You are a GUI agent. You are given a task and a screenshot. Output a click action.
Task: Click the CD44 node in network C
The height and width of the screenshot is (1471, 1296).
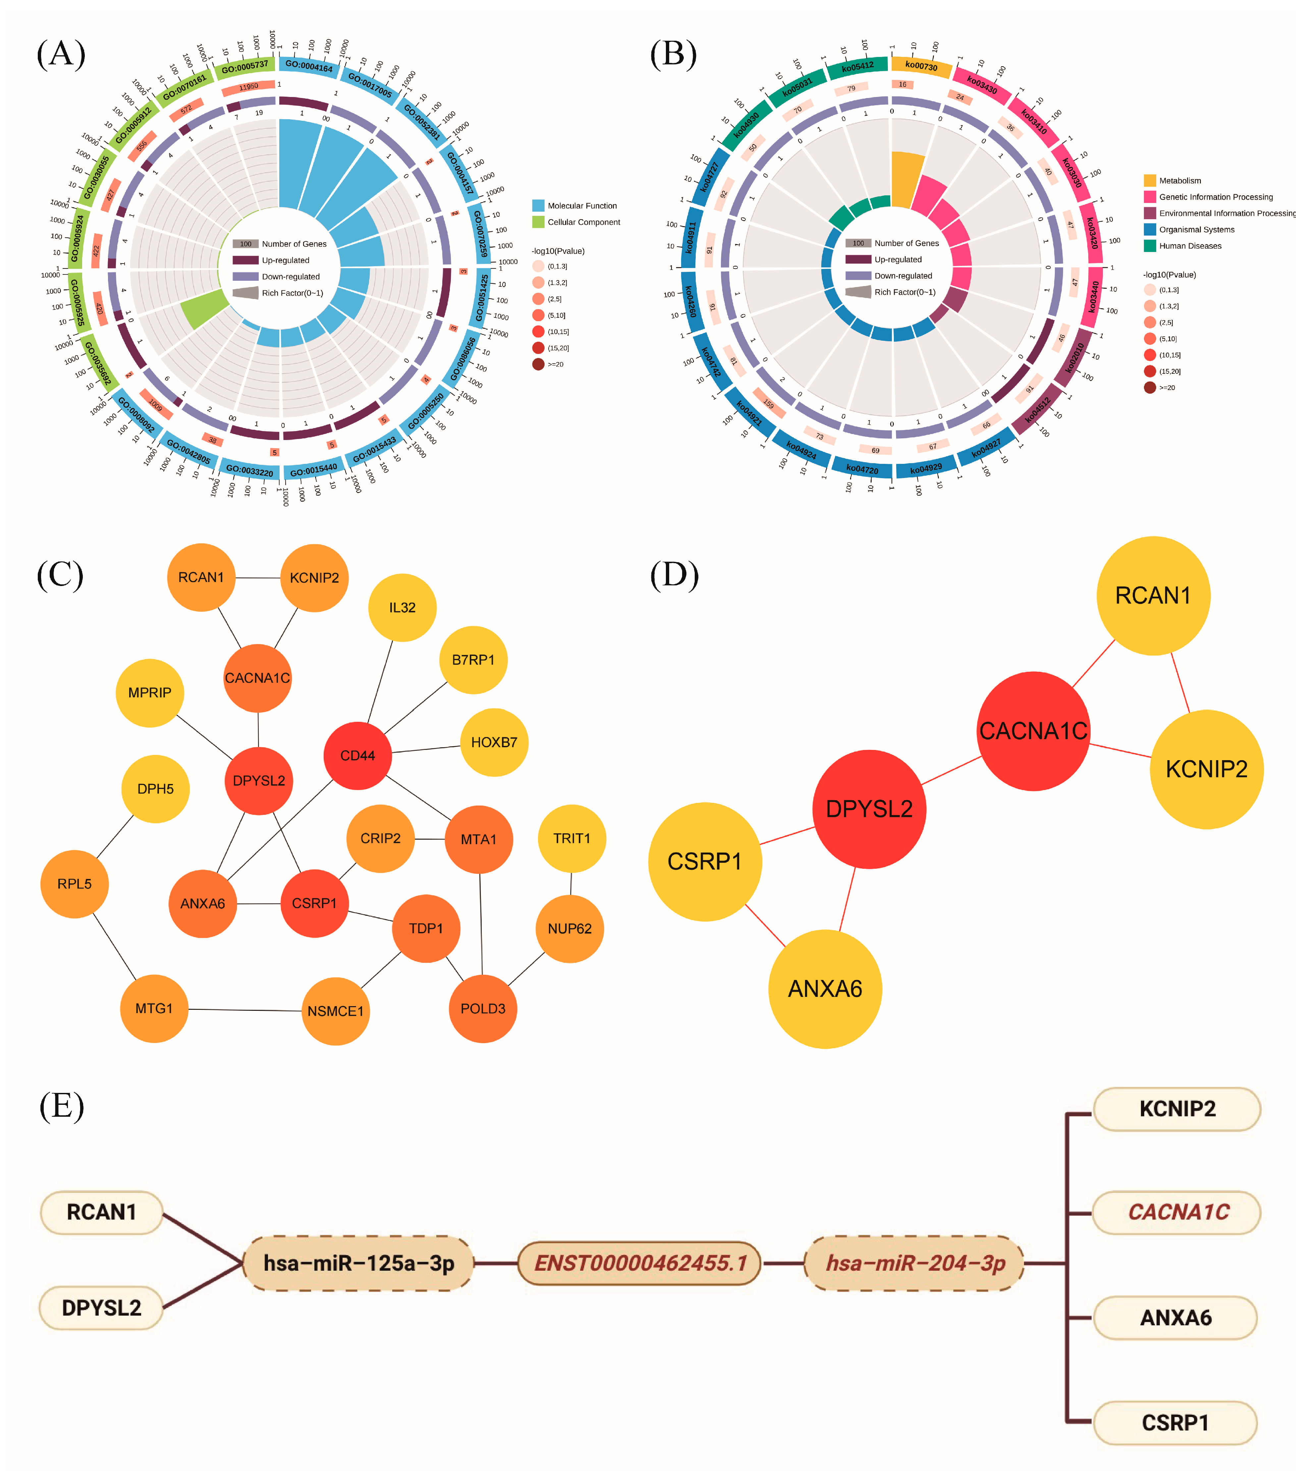pos(358,756)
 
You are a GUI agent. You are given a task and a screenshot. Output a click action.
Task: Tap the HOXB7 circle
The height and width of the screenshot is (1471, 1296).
pos(494,742)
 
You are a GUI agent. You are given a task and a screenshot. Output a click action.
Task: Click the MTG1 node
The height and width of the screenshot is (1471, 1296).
pos(154,1008)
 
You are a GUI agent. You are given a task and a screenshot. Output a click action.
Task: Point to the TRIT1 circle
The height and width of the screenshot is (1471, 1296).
pos(572,838)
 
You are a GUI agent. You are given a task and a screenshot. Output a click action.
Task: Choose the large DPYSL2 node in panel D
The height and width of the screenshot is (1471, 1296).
pos(869,809)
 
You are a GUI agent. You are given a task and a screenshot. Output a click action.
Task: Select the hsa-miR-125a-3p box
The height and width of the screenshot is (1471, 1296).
pos(358,1263)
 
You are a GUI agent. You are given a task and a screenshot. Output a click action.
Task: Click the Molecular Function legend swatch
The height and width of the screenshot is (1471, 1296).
pos(538,206)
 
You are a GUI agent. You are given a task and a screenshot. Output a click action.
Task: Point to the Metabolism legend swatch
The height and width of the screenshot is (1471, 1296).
pos(1150,181)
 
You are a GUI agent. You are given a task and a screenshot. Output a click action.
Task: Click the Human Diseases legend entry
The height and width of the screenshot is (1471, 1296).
pos(1189,246)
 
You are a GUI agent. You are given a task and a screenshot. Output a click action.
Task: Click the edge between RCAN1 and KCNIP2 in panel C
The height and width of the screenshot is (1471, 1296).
pos(258,578)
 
